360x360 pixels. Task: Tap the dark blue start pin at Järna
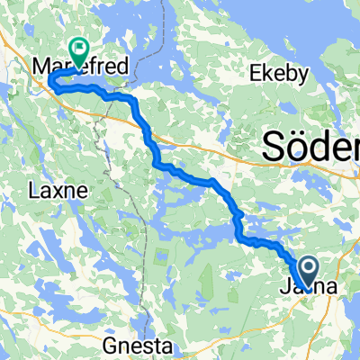[308, 268]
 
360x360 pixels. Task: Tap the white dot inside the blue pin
[308, 265]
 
